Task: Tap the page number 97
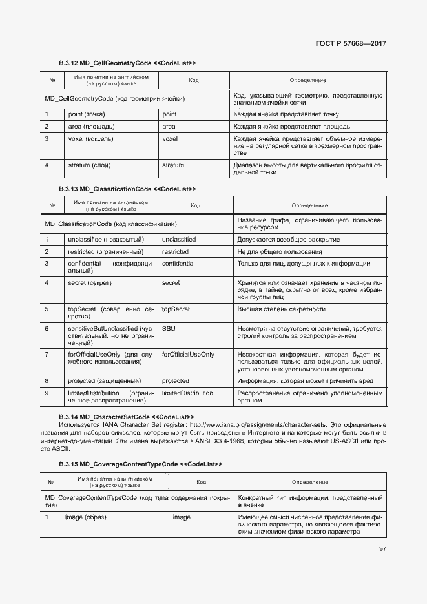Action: (382, 549)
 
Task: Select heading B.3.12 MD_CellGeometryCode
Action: (127, 63)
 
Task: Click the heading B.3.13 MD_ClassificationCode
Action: (127, 189)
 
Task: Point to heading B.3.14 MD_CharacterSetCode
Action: (126, 417)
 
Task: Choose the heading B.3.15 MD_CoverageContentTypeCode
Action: (140, 464)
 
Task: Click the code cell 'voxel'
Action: (170, 138)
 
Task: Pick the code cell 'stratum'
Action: (173, 165)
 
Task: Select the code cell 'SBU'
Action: (169, 328)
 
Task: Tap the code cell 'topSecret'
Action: (176, 309)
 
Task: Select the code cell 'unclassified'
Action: (179, 239)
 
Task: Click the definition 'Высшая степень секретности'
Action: (281, 309)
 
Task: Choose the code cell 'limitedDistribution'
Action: (187, 393)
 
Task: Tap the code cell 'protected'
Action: (176, 380)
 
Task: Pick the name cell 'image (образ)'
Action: (87, 517)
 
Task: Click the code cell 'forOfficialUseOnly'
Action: (188, 355)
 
